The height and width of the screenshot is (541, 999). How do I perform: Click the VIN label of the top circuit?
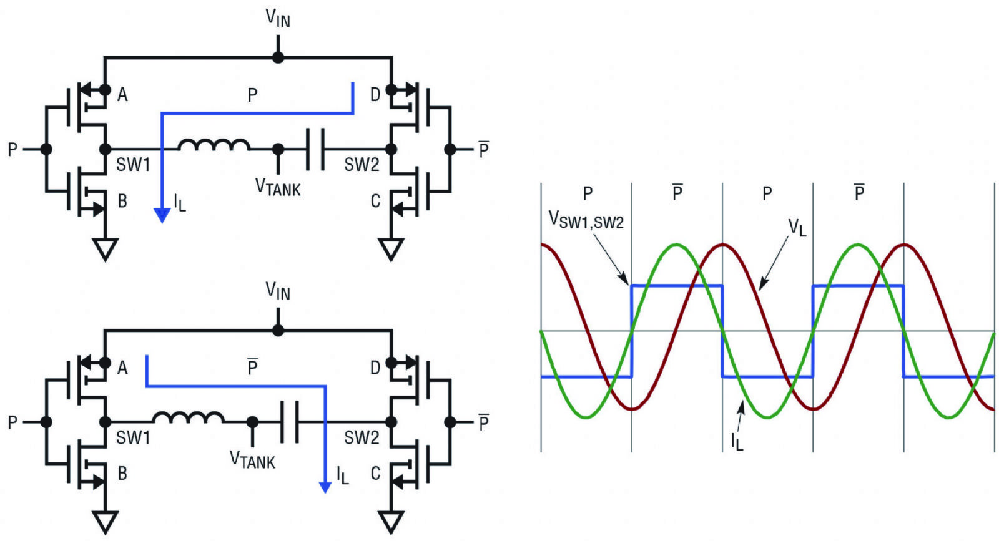(x=278, y=18)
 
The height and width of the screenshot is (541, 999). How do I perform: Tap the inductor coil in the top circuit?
(x=214, y=145)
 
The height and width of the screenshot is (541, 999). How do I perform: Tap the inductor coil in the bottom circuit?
(x=188, y=417)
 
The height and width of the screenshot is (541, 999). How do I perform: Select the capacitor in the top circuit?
(x=315, y=149)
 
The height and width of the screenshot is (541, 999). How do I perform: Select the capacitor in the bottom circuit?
(x=290, y=422)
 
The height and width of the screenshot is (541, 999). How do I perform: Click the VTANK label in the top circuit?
(x=278, y=187)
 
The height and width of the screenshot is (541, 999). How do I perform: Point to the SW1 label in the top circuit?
(x=133, y=165)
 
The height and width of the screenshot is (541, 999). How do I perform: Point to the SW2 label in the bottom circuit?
(x=362, y=437)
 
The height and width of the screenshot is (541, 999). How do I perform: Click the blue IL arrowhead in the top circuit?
(x=162, y=215)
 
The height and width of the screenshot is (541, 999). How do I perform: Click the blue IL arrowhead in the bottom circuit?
(x=325, y=487)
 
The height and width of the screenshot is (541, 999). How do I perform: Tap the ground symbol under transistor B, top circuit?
(x=106, y=249)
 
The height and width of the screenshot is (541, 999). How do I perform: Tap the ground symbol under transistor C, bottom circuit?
(x=391, y=522)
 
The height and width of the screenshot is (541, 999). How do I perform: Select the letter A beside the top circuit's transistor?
(x=122, y=95)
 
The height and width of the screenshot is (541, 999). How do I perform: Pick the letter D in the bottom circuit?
(x=375, y=368)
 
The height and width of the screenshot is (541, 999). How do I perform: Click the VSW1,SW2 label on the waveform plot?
(x=586, y=220)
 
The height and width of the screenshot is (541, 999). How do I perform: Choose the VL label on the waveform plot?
(x=797, y=228)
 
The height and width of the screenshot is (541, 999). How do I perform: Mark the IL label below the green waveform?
(x=737, y=442)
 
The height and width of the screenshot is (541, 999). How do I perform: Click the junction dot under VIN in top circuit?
(x=278, y=57)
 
